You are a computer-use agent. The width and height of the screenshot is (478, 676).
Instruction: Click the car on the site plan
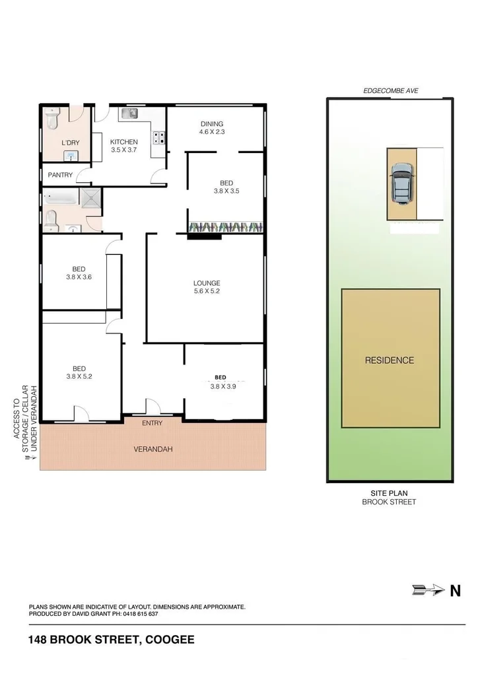[x=401, y=184]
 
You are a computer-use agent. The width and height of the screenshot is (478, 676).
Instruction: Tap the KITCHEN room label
[x=124, y=142]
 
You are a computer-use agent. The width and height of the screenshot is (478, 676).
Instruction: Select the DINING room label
[x=212, y=123]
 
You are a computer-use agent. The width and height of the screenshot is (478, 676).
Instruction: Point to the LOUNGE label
[x=207, y=283]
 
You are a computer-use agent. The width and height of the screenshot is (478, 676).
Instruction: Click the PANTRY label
[x=60, y=175]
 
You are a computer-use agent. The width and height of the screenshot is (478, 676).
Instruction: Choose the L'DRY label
[x=70, y=143]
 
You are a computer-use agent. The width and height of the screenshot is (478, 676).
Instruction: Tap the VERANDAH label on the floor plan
[x=153, y=450]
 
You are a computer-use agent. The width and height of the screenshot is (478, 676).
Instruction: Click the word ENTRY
[x=152, y=423]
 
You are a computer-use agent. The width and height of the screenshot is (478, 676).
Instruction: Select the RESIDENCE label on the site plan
[x=390, y=360]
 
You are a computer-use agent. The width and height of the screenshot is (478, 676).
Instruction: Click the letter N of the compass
[x=455, y=591]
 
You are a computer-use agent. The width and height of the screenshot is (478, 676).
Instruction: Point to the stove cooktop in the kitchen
[x=158, y=138]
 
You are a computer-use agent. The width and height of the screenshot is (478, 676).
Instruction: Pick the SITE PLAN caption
[x=390, y=492]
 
